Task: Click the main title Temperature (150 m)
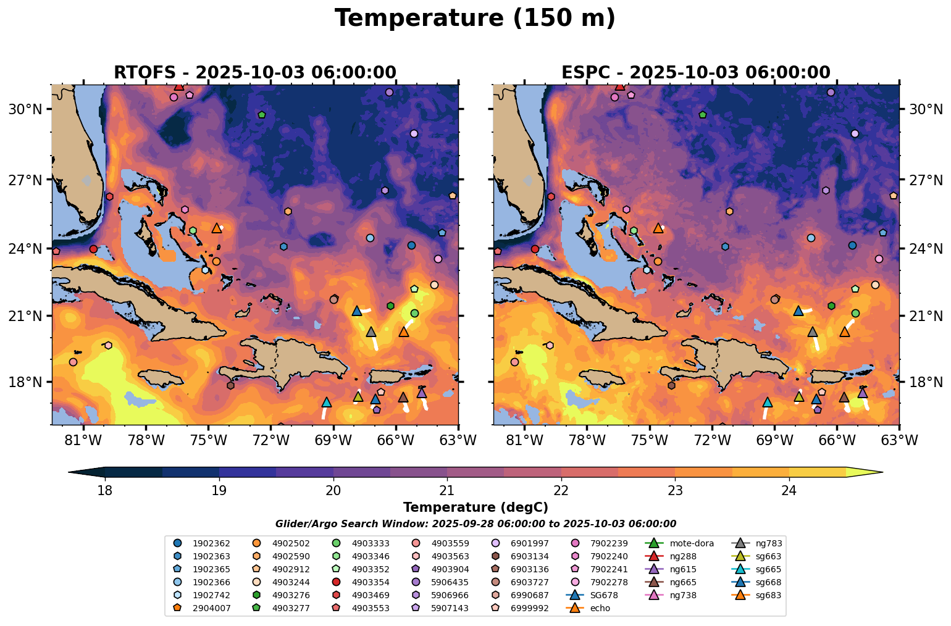coord(475,19)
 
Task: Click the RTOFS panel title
coord(254,73)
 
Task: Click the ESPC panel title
coord(695,73)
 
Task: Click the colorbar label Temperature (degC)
coord(475,507)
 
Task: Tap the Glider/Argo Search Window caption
coord(475,524)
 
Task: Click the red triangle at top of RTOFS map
coord(178,86)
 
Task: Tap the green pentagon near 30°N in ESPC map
coord(702,115)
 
